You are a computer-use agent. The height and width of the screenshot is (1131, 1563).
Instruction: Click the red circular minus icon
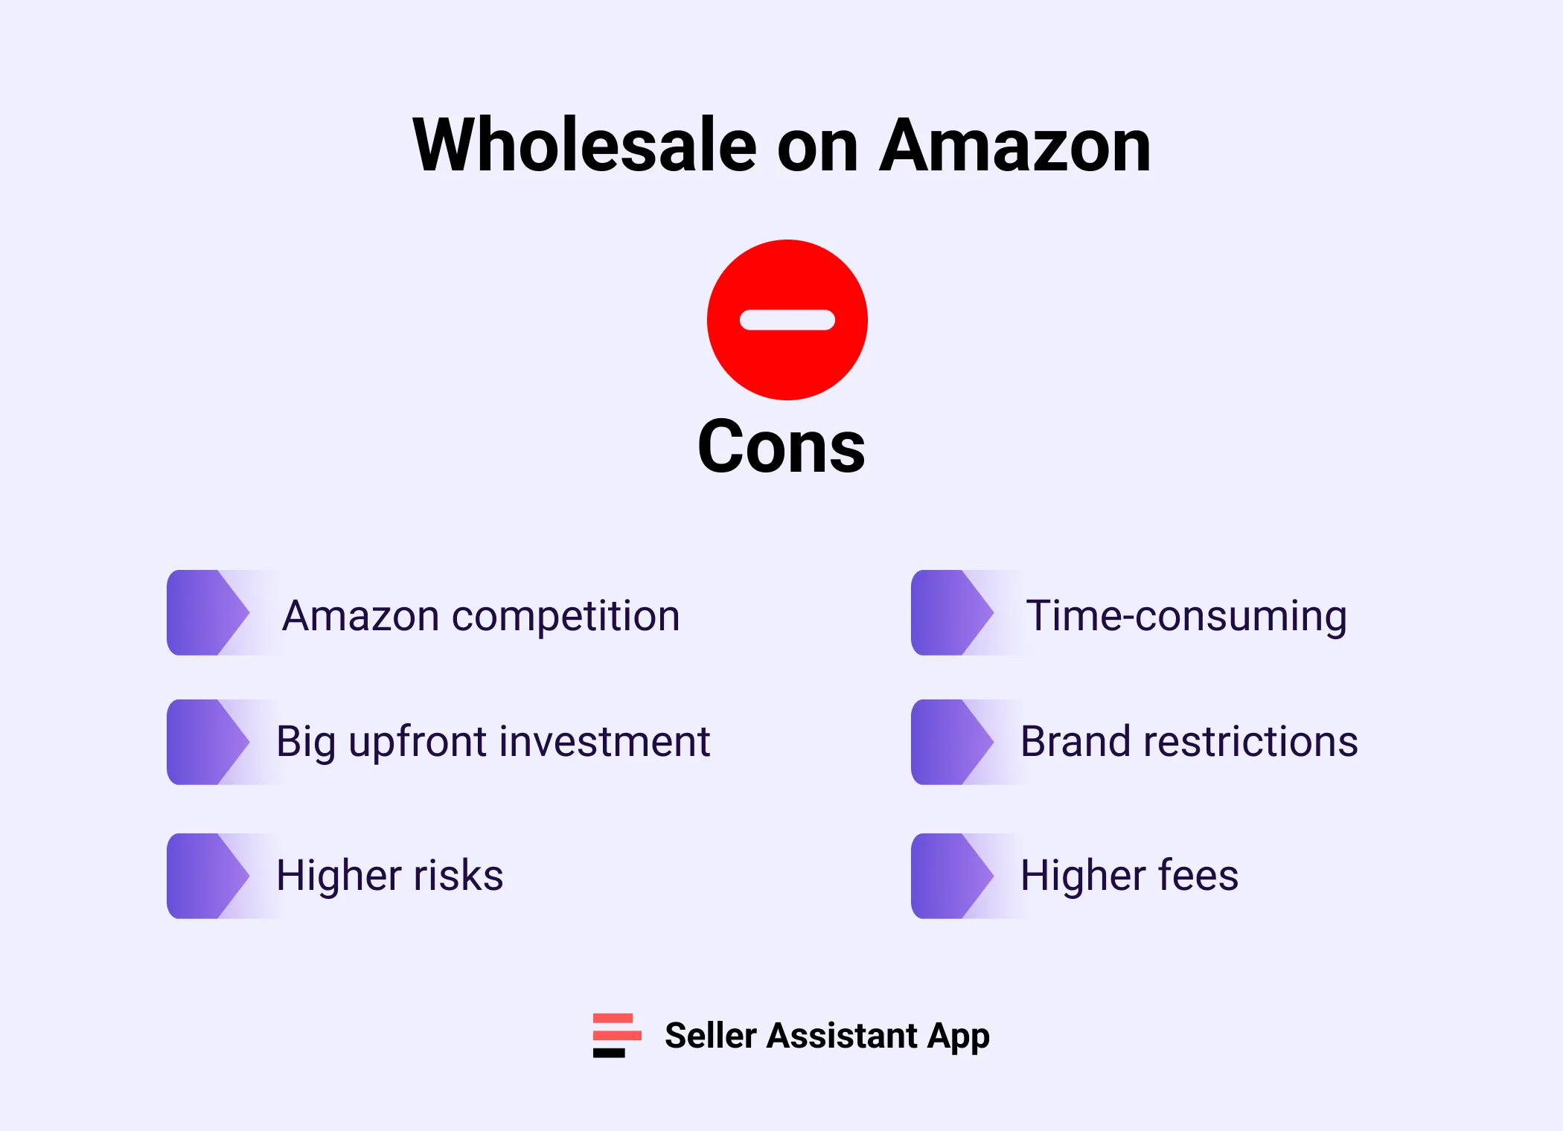pyautogui.click(x=787, y=320)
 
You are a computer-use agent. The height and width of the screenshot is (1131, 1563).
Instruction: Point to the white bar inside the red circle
pyautogui.click(x=787, y=320)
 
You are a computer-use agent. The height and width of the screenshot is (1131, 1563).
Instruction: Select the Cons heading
pyautogui.click(x=781, y=446)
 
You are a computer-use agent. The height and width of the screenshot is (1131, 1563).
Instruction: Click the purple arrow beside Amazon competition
pyautogui.click(x=208, y=612)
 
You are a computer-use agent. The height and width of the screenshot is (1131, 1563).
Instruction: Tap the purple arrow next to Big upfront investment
pyautogui.click(x=208, y=742)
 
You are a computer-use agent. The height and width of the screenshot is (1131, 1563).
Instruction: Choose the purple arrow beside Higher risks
pyautogui.click(x=208, y=876)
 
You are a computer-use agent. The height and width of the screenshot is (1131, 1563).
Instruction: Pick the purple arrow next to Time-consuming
pyautogui.click(x=953, y=612)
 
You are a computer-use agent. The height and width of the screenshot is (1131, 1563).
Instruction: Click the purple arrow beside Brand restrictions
pyautogui.click(x=953, y=742)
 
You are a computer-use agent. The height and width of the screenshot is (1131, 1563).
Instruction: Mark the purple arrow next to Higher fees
pyautogui.click(x=953, y=876)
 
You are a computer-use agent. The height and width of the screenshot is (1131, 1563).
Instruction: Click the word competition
pyautogui.click(x=566, y=618)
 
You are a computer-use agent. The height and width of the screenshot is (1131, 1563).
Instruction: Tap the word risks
pyautogui.click(x=458, y=875)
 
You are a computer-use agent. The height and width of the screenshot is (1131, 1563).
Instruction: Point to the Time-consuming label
pyautogui.click(x=1186, y=618)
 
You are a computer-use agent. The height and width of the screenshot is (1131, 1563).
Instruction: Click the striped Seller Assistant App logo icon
pyautogui.click(x=617, y=1035)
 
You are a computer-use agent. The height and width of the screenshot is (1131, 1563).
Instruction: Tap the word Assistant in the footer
pyautogui.click(x=843, y=1035)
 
